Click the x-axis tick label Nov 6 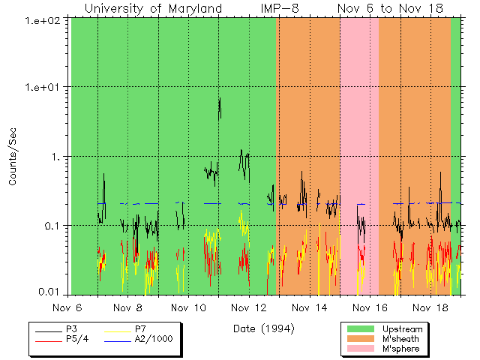(x=67, y=308)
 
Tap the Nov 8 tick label (x=127, y=308)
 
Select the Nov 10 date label (x=188, y=308)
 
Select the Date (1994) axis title (x=263, y=328)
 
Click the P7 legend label (x=140, y=329)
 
